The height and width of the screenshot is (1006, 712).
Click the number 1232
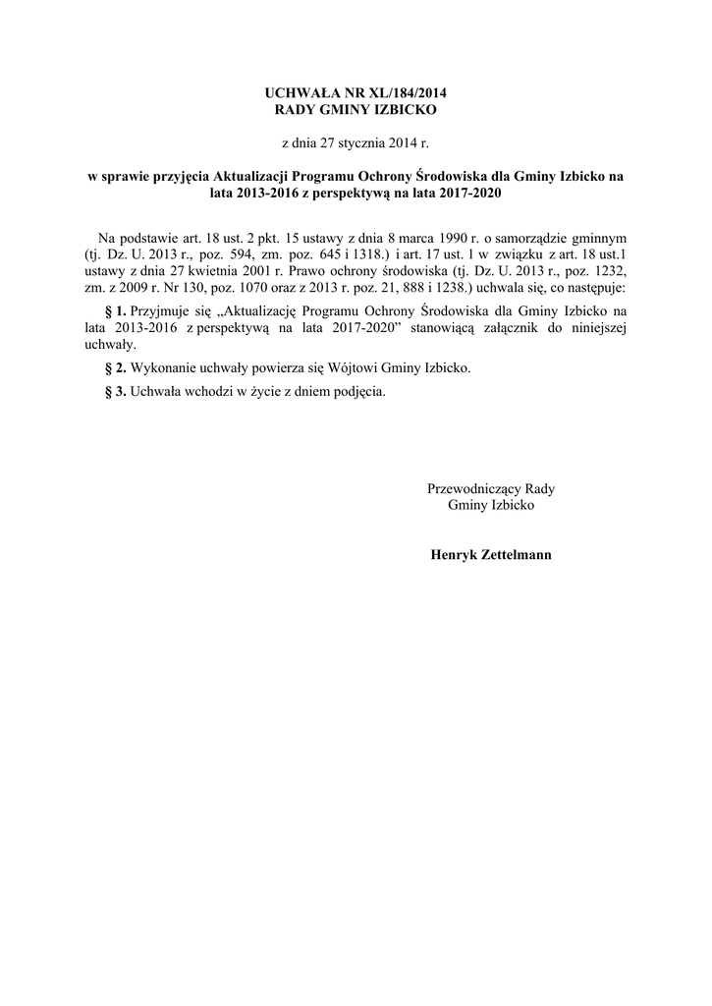(608, 271)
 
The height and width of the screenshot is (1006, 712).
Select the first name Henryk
(454, 555)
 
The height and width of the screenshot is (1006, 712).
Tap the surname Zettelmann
(518, 555)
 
